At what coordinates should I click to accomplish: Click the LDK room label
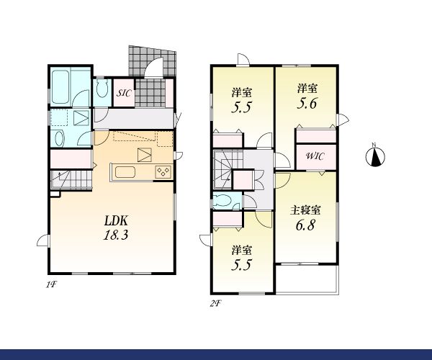[116, 220]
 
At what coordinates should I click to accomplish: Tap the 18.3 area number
[116, 235]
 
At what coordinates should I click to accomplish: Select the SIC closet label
[124, 93]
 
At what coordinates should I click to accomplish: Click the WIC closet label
[315, 156]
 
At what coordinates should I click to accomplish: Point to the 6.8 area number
[305, 225]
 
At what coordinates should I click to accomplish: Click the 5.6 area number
[307, 104]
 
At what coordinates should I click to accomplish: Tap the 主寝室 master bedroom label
[305, 210]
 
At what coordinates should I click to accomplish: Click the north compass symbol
[375, 156]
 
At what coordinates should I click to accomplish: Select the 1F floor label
[51, 284]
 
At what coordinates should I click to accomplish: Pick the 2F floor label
[215, 304]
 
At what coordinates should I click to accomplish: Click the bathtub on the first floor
[60, 87]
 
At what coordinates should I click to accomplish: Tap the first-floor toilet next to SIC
[102, 89]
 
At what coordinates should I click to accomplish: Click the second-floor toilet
[223, 201]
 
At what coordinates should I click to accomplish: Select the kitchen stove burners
[163, 172]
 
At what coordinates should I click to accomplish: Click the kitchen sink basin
[125, 172]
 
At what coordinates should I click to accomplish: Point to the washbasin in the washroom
[60, 138]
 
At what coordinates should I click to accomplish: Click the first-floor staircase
[71, 179]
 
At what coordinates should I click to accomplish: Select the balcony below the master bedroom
[307, 279]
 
